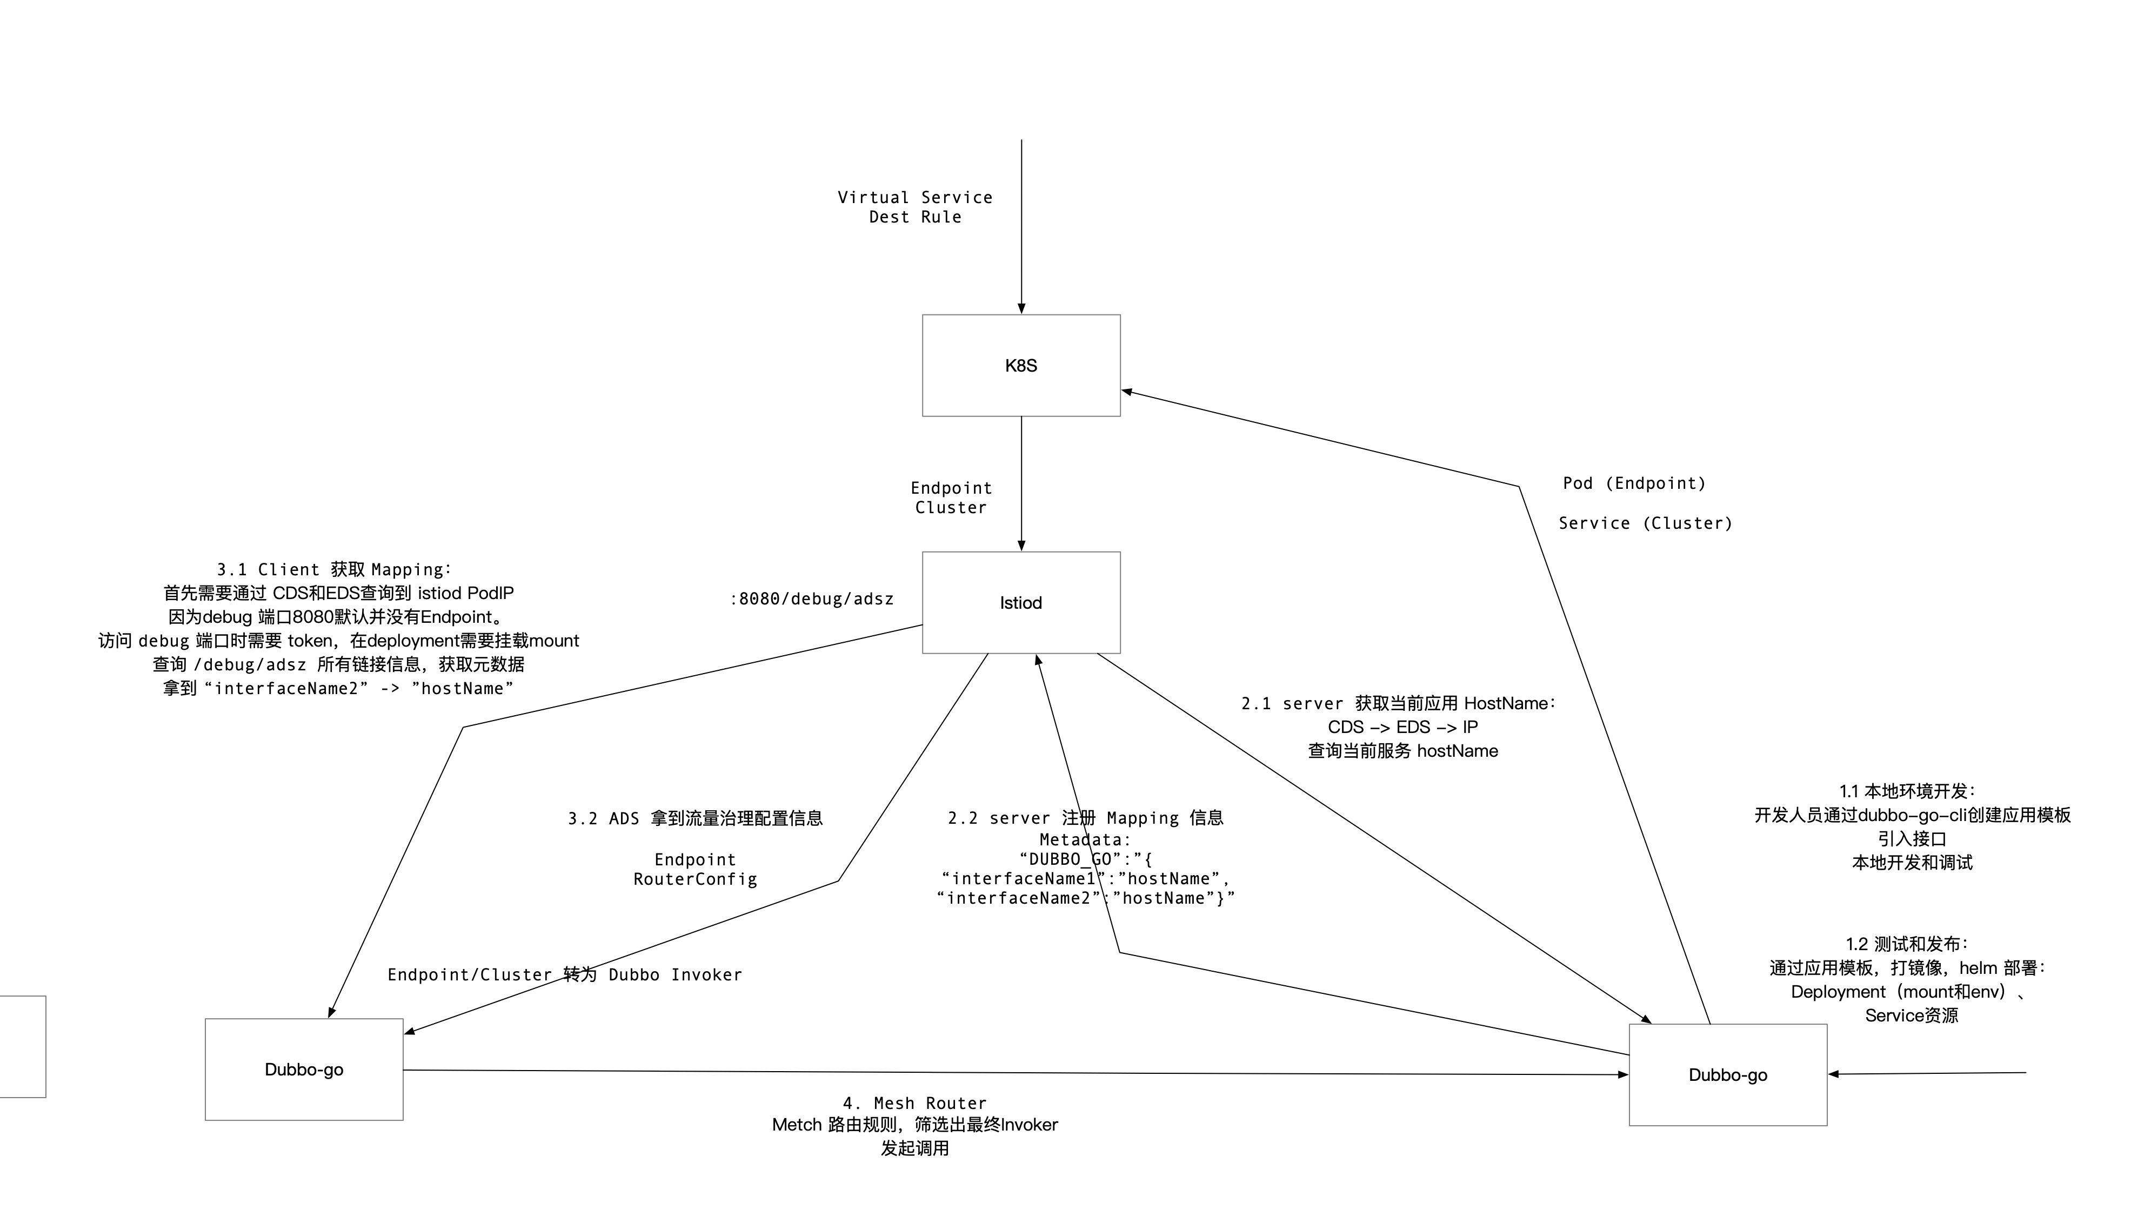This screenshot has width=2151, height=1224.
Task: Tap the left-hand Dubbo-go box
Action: (x=304, y=1070)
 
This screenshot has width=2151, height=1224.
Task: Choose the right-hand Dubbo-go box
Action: (x=1727, y=1074)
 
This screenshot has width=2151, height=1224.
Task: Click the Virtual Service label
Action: (x=915, y=198)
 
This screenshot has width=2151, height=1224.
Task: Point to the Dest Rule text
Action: (x=915, y=217)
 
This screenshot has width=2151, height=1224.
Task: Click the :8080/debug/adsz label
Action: (x=811, y=598)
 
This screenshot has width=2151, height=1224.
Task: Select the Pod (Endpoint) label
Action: (x=1634, y=483)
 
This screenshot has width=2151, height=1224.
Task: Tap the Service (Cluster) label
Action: (x=1645, y=523)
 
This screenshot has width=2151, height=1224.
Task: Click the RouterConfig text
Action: (x=696, y=879)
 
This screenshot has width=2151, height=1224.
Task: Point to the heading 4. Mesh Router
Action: (x=915, y=1103)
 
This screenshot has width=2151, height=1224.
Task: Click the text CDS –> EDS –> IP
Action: (x=1402, y=727)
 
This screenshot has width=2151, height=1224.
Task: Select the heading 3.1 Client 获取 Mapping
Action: (x=334, y=570)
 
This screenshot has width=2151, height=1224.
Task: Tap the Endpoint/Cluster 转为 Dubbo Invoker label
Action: (x=564, y=974)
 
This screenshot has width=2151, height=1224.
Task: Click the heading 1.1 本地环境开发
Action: (x=1907, y=791)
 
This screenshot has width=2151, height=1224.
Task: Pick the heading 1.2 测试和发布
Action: (x=1907, y=944)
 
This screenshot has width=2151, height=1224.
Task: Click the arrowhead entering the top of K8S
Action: (x=1021, y=308)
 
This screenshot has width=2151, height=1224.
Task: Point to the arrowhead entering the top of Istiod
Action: (x=1021, y=546)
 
